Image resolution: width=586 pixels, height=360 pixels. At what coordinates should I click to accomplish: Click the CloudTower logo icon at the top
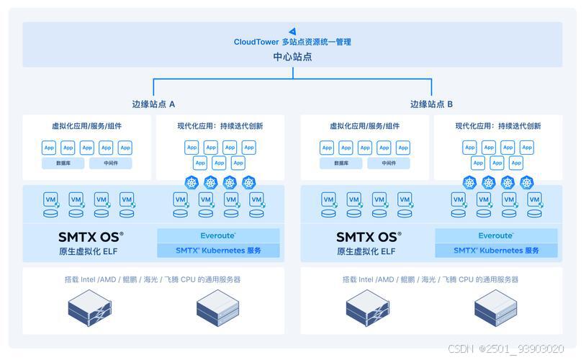click(x=292, y=31)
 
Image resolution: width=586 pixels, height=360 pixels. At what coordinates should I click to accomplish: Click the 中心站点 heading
click(x=292, y=56)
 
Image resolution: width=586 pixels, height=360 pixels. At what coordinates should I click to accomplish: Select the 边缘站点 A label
click(x=151, y=104)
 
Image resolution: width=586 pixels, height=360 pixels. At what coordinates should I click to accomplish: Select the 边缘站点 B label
click(x=431, y=104)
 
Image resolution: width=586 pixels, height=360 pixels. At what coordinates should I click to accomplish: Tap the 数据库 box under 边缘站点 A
click(x=63, y=163)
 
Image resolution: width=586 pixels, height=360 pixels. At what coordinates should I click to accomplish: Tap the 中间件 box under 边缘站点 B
click(x=388, y=163)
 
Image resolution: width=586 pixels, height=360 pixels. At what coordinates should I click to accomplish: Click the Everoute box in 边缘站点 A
click(x=218, y=236)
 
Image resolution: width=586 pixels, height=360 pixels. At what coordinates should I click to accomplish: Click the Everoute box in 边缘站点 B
click(x=496, y=236)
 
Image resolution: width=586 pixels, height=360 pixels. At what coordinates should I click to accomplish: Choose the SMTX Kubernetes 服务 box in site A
click(x=218, y=251)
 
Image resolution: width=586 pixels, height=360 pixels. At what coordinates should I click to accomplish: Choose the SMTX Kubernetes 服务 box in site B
click(x=496, y=251)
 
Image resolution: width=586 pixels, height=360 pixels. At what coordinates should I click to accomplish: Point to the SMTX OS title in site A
click(x=91, y=236)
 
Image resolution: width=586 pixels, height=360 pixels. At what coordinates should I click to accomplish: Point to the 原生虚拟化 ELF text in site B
click(x=365, y=251)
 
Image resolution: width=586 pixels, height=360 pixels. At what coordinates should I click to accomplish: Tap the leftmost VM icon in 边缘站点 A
click(x=50, y=200)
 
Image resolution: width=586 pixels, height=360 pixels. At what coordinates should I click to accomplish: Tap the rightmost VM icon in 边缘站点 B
click(x=534, y=200)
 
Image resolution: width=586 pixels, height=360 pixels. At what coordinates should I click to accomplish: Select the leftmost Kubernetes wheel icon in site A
click(x=191, y=183)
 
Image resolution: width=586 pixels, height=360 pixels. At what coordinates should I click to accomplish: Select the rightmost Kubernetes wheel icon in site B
click(x=527, y=183)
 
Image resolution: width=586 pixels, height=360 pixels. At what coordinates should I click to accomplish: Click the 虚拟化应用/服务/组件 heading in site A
click(x=86, y=126)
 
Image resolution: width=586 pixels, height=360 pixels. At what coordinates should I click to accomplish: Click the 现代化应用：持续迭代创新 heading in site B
click(x=498, y=126)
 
